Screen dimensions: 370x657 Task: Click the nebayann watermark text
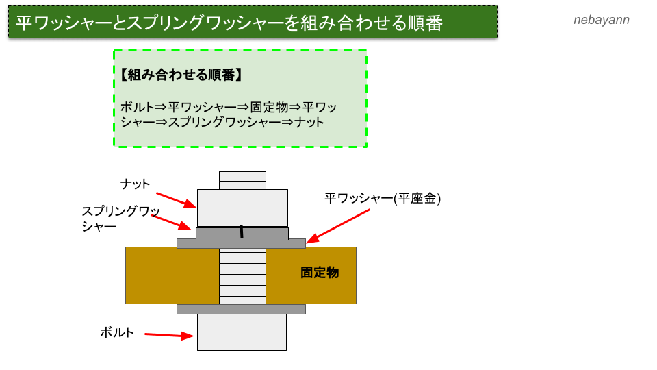pyautogui.click(x=601, y=20)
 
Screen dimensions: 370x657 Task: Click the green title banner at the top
pyautogui.click(x=253, y=23)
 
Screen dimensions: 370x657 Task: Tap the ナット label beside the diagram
pyautogui.click(x=135, y=184)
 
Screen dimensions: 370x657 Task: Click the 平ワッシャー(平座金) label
pyautogui.click(x=383, y=198)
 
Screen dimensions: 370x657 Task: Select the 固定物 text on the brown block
pyautogui.click(x=320, y=273)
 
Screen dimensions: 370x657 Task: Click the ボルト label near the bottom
pyautogui.click(x=117, y=332)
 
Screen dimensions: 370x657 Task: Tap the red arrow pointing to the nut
pyautogui.click(x=176, y=200)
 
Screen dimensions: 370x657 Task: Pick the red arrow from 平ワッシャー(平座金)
pyautogui.click(x=338, y=225)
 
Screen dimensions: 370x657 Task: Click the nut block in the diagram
pyautogui.click(x=242, y=207)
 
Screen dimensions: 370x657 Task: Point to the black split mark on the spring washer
pyautogui.click(x=241, y=232)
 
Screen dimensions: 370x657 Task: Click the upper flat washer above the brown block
pyautogui.click(x=241, y=243)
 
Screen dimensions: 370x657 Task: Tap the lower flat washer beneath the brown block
pyautogui.click(x=241, y=309)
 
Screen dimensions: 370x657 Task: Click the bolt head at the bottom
pyautogui.click(x=242, y=332)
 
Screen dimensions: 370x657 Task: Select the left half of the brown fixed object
pyautogui.click(x=172, y=275)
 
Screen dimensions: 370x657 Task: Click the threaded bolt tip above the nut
pyautogui.click(x=242, y=180)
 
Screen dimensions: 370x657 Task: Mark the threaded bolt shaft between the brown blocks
pyautogui.click(x=242, y=275)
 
